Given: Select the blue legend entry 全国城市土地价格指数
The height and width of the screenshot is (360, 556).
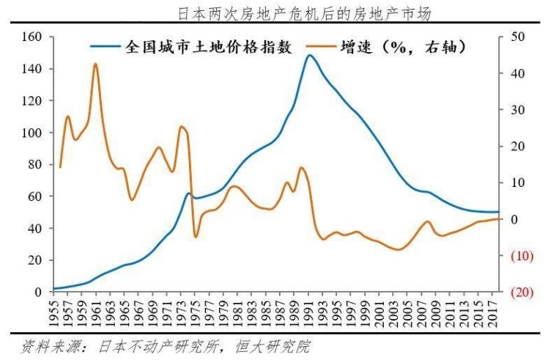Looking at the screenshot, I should [210, 47].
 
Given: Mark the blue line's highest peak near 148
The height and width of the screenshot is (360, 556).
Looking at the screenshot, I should [310, 55].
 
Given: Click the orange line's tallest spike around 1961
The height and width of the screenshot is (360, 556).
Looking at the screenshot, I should [95, 64].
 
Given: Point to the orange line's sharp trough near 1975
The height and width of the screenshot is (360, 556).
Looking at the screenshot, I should [196, 236].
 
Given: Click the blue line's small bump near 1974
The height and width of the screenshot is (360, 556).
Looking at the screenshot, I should [188, 194].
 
